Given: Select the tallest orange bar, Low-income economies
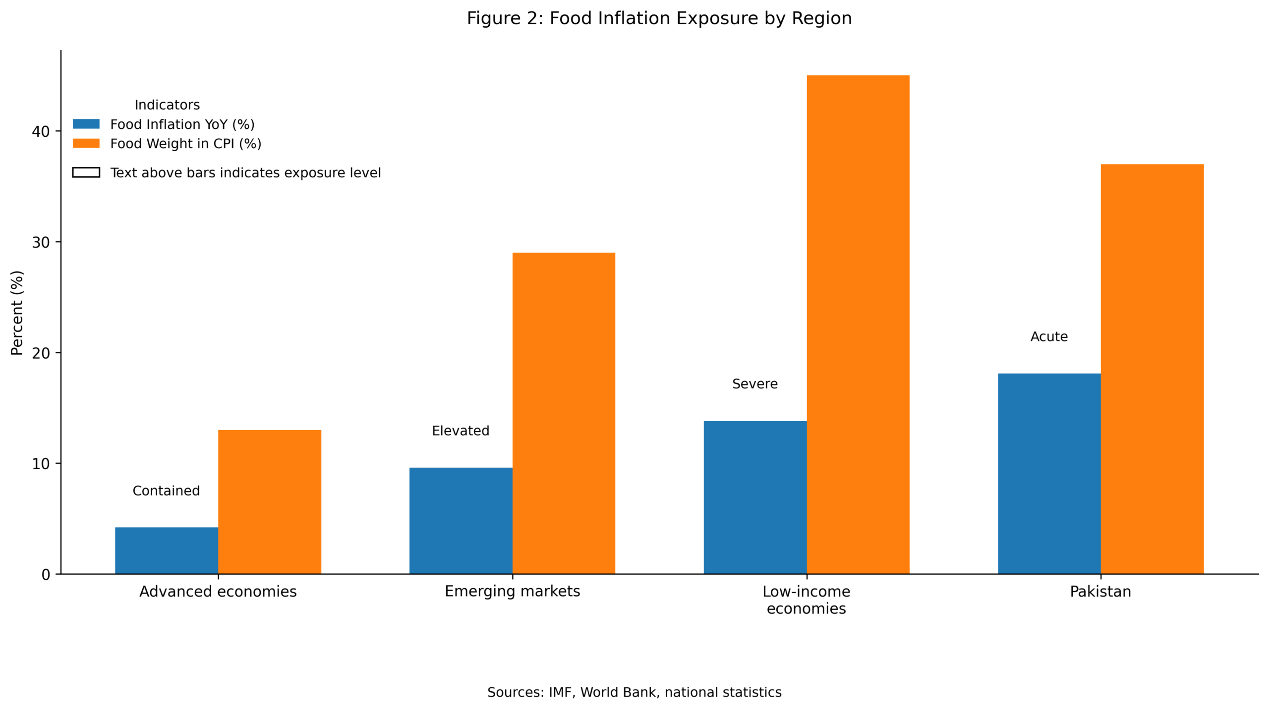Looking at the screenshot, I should [x=858, y=325].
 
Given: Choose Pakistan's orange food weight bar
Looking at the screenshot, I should [x=1152, y=369].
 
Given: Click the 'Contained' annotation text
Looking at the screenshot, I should [x=166, y=491].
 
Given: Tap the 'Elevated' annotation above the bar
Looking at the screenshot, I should [x=461, y=431].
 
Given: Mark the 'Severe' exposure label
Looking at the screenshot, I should [x=754, y=383].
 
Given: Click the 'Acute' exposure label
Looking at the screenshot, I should [x=1049, y=336].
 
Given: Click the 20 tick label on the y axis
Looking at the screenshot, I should [x=41, y=353].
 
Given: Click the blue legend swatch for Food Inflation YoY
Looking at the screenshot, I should [x=86, y=124].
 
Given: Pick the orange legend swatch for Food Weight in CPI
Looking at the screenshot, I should [x=86, y=143].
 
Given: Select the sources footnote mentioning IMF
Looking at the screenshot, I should [x=634, y=692].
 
